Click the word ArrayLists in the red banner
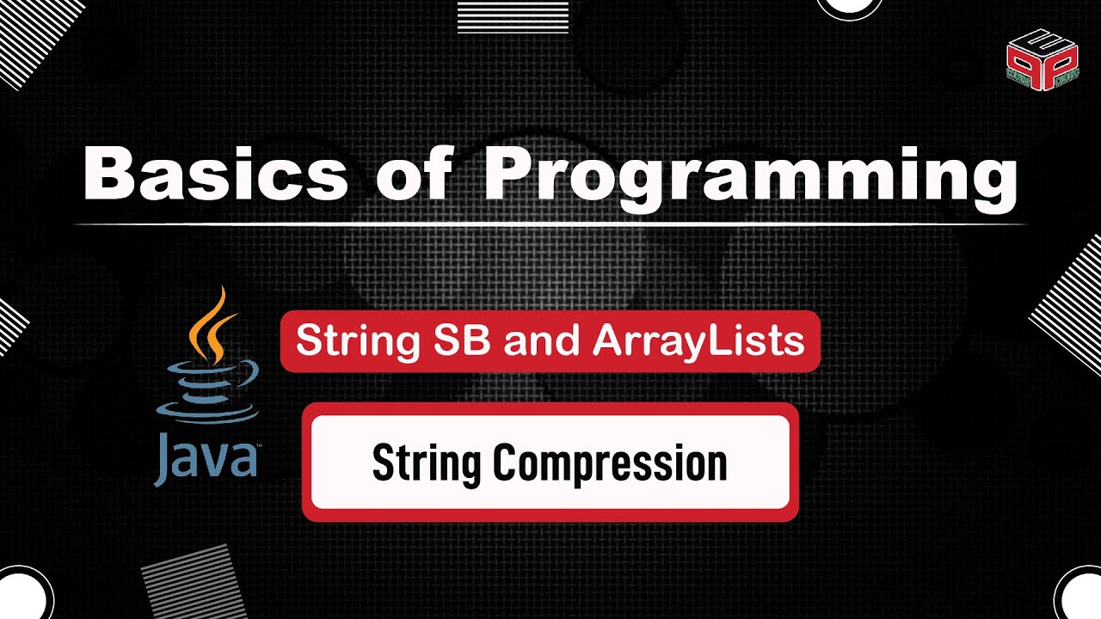(x=698, y=341)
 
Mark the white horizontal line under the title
(x=550, y=224)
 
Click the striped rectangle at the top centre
(x=513, y=15)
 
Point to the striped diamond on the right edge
(x=1071, y=305)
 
